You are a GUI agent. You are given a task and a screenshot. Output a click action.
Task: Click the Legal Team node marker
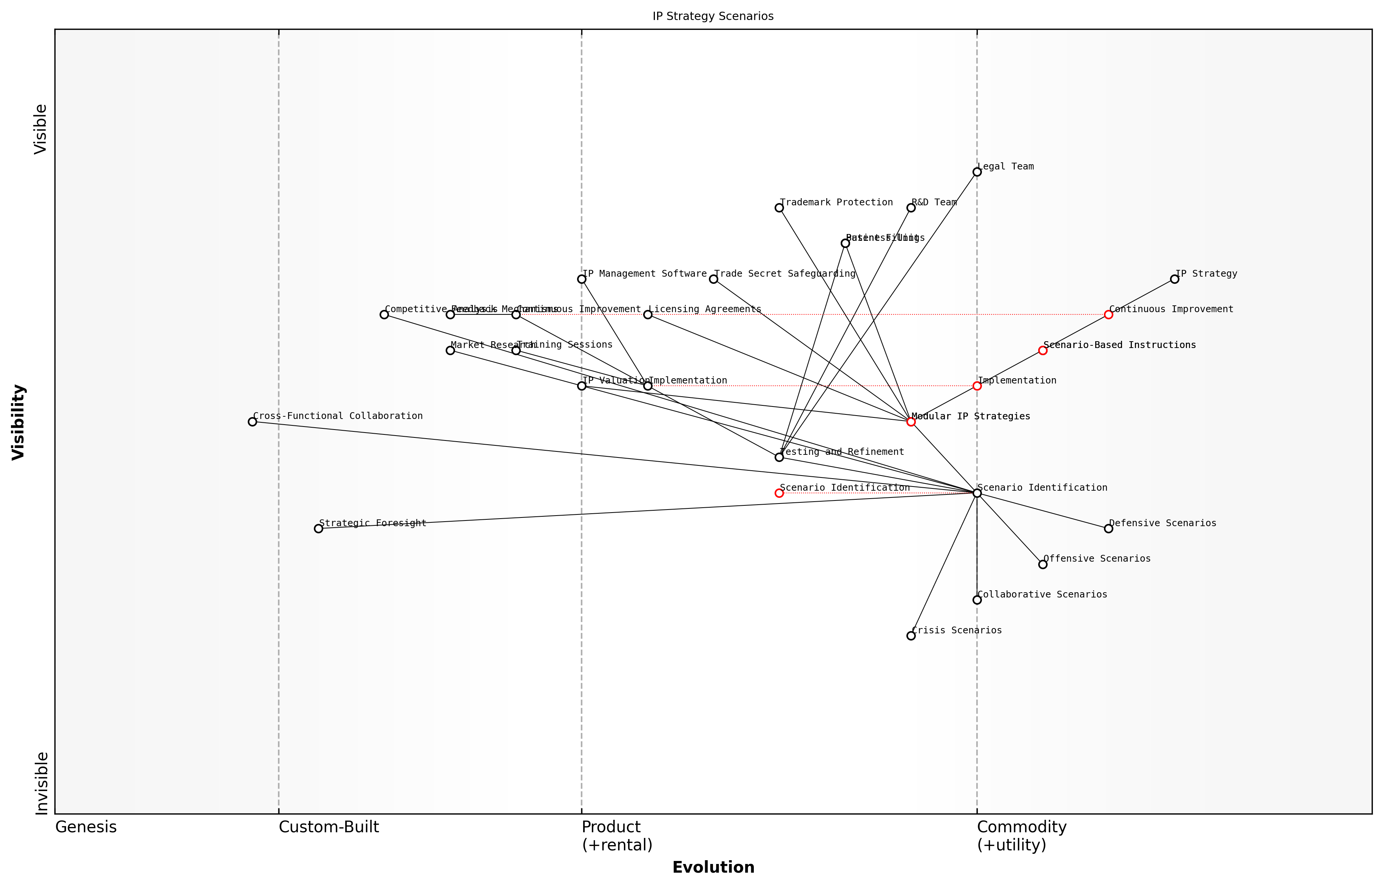point(977,172)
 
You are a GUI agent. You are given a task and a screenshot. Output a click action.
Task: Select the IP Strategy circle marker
point(1175,279)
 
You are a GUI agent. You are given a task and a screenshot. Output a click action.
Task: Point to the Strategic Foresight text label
point(372,523)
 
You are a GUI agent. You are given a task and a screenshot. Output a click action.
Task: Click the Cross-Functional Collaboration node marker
point(252,422)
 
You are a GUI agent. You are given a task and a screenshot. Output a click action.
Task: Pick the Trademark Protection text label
point(836,202)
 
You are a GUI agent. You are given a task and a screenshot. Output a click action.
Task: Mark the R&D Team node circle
point(911,207)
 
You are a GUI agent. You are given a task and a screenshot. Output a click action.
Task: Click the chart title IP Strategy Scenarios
point(713,16)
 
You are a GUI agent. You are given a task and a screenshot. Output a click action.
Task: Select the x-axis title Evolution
point(713,867)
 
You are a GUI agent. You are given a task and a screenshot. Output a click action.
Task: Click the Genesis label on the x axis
point(86,827)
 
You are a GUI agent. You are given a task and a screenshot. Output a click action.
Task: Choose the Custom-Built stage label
point(329,827)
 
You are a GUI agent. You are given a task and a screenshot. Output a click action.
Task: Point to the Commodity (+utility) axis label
point(1022,836)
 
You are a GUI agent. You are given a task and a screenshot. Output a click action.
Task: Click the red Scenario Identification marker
point(779,493)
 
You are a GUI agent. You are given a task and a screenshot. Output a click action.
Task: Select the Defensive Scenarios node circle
point(1108,528)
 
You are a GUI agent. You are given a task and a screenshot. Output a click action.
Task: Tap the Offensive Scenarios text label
point(1097,559)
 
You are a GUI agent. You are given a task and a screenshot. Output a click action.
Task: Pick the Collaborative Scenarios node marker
point(977,600)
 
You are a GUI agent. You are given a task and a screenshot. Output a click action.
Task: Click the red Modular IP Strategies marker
point(911,422)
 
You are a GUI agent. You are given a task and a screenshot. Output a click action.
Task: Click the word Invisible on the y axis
point(42,783)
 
